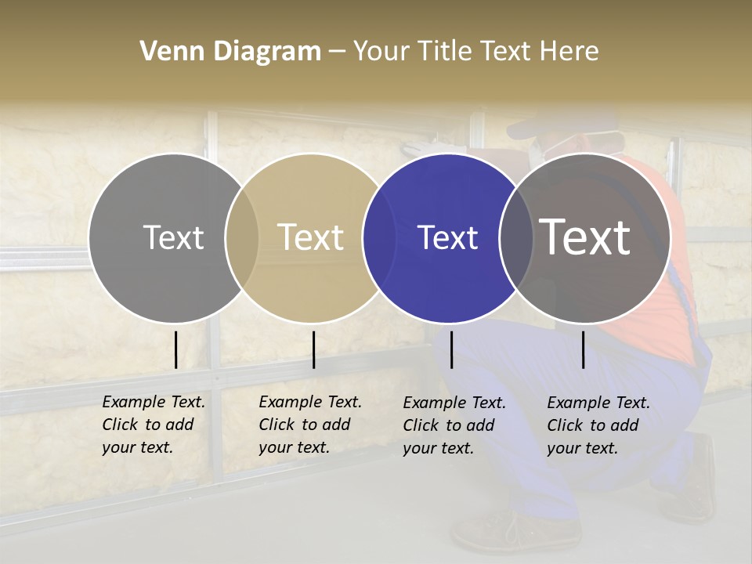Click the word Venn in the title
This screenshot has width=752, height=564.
click(x=166, y=52)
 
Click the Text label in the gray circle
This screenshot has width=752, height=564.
click(x=173, y=237)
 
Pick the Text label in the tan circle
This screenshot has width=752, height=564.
click(x=310, y=237)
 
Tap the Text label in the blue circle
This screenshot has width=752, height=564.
click(x=447, y=237)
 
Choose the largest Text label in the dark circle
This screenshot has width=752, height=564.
click(x=585, y=237)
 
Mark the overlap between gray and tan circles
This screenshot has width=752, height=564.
click(x=242, y=238)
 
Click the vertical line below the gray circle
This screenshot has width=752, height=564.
click(x=175, y=349)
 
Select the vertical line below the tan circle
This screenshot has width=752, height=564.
click(x=313, y=349)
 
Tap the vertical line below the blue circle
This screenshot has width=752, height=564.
click(x=451, y=349)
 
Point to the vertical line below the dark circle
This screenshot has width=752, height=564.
click(x=583, y=349)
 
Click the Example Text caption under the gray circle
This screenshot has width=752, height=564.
click(x=153, y=425)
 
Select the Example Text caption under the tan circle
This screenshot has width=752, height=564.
click(x=309, y=425)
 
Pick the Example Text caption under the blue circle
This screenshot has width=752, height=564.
click(x=454, y=425)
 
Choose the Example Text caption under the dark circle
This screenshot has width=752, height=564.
click(x=598, y=425)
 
